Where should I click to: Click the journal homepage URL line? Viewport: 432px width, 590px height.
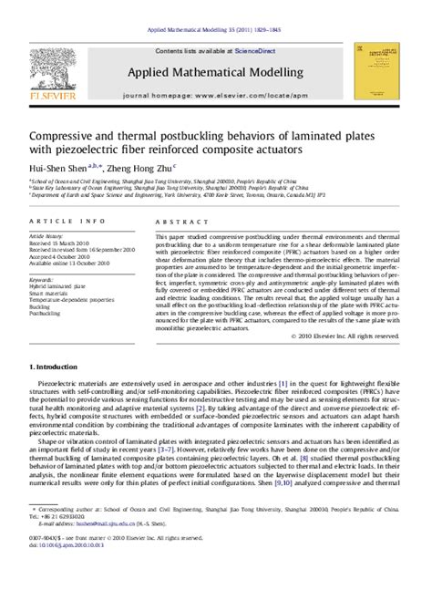[216, 95]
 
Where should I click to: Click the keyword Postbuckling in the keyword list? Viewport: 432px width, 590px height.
[46, 313]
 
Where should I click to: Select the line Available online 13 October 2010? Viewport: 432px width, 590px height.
[69, 264]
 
